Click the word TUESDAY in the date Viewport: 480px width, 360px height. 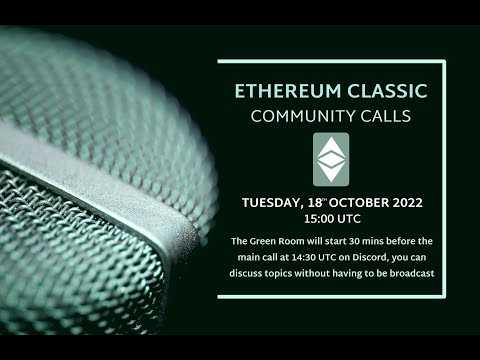[273, 202]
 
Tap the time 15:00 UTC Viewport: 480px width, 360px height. [331, 217]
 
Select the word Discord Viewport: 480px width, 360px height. [373, 255]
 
